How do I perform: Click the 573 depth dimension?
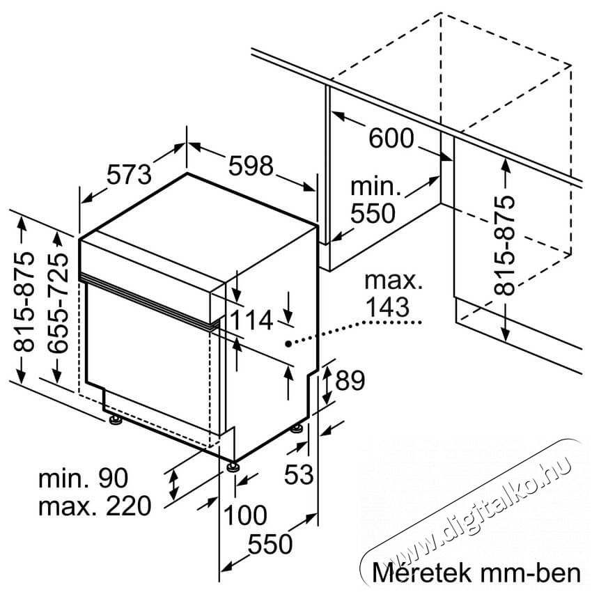point(129,175)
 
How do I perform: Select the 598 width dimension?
point(251,165)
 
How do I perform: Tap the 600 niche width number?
point(391,138)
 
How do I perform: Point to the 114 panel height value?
point(251,320)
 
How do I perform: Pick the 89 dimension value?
point(350,380)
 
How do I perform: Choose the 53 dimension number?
point(299,474)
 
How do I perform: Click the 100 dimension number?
point(245,515)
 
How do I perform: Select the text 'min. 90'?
point(84,478)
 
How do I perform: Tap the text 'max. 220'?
point(95,506)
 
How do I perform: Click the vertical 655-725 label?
point(59,302)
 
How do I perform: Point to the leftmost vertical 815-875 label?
point(24,302)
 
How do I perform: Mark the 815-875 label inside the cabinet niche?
point(504,244)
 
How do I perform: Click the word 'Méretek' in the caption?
point(422,572)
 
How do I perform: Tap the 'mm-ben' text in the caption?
point(531,573)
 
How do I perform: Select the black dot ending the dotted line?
point(288,343)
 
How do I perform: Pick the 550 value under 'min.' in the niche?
point(373,214)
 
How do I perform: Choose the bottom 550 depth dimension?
point(270,545)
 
